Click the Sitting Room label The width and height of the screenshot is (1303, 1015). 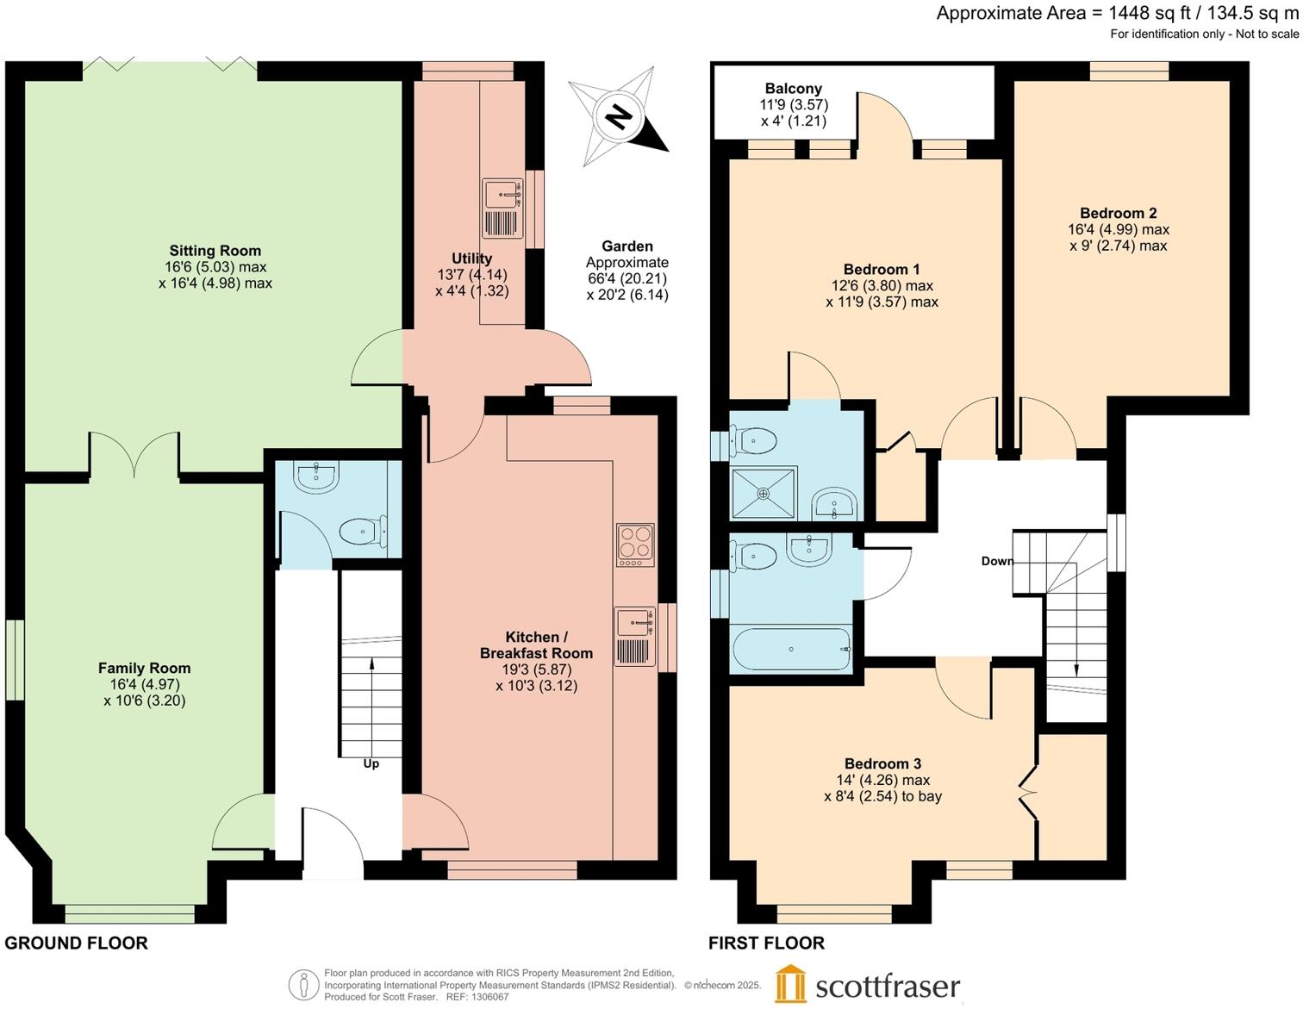point(215,251)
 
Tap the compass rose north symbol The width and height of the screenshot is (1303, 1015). point(617,115)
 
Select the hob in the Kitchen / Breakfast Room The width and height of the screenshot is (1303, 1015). point(635,545)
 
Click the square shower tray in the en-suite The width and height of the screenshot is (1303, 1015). point(764,493)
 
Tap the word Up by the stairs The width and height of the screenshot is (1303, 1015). point(371,763)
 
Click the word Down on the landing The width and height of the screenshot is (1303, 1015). point(997,561)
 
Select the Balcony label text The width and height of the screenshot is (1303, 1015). point(793,88)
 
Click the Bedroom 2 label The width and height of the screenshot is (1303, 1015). point(1118,213)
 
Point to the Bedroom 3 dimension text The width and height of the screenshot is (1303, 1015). point(882,788)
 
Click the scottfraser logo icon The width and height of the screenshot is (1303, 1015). point(790,984)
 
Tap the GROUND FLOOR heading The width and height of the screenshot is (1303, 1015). point(76,943)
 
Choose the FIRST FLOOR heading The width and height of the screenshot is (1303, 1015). point(766,943)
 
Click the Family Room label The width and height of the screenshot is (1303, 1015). point(144,668)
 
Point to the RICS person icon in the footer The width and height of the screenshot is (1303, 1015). point(302,985)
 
